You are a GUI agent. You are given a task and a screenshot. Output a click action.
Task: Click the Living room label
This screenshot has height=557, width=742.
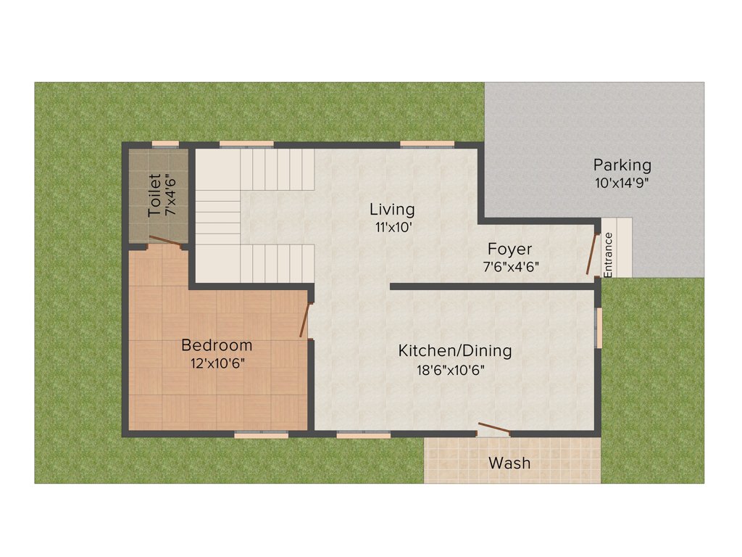(x=392, y=210)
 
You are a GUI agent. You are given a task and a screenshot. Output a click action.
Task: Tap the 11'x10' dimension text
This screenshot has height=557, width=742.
(x=392, y=226)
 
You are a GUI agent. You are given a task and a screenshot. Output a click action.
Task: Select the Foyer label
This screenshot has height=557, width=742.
(x=509, y=249)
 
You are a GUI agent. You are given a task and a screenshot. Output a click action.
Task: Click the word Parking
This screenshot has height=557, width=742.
(x=622, y=165)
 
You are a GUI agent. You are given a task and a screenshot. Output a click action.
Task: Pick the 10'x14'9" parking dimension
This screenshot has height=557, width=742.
(x=622, y=183)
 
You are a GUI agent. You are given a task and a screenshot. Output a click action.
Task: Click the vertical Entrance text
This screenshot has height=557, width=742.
(x=609, y=254)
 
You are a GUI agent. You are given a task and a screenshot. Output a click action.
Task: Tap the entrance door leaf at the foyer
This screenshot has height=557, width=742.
(x=592, y=254)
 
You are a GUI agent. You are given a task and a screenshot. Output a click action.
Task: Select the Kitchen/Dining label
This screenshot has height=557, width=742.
(x=455, y=351)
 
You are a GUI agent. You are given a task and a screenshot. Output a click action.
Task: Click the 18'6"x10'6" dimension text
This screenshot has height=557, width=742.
(x=451, y=369)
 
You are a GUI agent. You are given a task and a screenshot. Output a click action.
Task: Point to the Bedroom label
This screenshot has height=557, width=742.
(x=217, y=345)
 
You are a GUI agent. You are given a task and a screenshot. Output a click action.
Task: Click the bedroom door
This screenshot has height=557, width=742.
(x=306, y=320)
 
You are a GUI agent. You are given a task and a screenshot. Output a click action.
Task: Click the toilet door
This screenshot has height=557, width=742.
(x=165, y=242)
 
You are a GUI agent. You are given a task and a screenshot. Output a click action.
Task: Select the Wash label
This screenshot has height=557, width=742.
(x=509, y=463)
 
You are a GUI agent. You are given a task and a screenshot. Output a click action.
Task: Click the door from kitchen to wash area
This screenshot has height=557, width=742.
(x=493, y=429)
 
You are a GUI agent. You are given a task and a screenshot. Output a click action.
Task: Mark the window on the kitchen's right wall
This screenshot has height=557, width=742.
(x=599, y=328)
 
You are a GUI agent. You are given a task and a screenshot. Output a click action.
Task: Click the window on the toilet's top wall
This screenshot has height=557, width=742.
(x=165, y=144)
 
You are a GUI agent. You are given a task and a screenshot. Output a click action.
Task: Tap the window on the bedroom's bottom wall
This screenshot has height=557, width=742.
(x=261, y=434)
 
